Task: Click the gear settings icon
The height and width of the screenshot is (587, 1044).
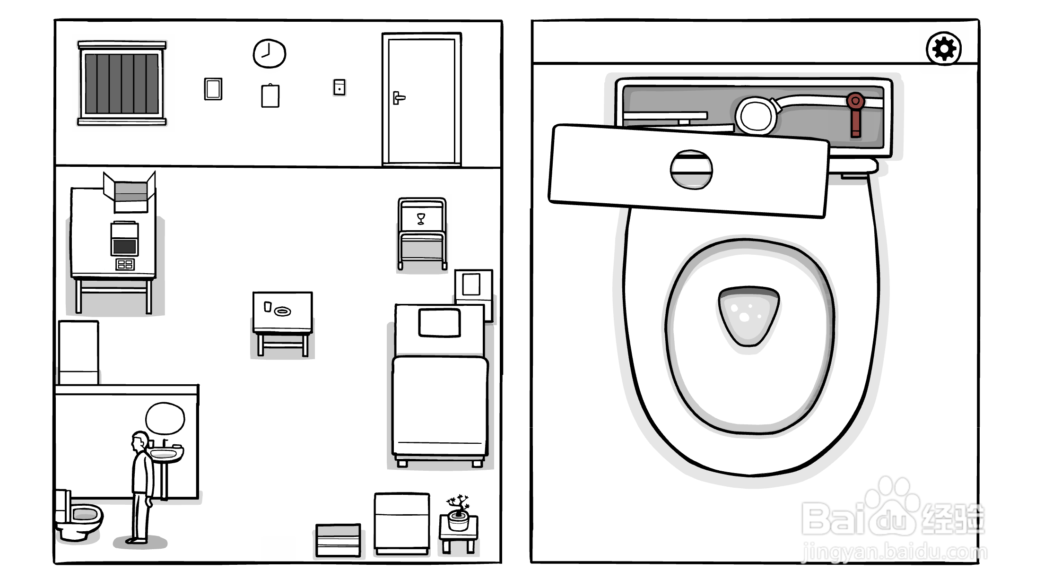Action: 943,49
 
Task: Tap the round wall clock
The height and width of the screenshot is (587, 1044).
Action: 269,53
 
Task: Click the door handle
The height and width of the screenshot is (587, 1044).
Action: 399,98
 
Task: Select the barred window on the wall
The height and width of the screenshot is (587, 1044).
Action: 122,84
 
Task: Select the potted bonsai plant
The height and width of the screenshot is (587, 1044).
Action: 458,512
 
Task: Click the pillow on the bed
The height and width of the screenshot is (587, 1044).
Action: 440,323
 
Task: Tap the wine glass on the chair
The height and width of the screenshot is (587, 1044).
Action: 421,219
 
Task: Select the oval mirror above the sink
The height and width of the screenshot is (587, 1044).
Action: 165,418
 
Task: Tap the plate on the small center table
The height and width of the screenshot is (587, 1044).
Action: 283,311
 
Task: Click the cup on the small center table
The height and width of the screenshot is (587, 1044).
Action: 268,307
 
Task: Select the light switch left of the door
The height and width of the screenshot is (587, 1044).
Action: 339,87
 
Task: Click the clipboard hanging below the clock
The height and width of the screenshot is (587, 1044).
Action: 270,95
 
